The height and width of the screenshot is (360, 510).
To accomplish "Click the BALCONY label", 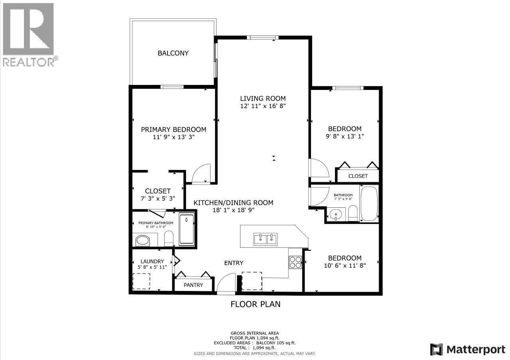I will [173, 53].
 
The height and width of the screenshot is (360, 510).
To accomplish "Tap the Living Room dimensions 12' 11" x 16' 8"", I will [263, 106].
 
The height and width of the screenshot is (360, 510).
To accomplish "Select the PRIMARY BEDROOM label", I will [173, 130].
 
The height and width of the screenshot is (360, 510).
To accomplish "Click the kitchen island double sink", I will [265, 239].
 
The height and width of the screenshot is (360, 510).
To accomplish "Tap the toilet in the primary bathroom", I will [169, 238].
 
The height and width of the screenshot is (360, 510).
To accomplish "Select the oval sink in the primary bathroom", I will [142, 241].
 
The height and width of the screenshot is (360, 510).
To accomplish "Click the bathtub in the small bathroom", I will [369, 203].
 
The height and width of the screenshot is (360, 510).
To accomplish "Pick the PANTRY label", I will [193, 285].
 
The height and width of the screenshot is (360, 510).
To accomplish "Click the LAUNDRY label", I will [152, 261].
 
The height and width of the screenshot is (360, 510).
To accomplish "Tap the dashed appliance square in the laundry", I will [141, 281].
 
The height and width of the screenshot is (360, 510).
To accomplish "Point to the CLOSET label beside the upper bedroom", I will [358, 176].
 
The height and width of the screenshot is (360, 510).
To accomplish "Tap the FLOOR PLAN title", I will [255, 304].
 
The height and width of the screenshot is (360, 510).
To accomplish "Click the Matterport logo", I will [468, 350].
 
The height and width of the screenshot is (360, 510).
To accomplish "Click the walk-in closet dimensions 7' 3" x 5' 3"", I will [158, 199].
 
